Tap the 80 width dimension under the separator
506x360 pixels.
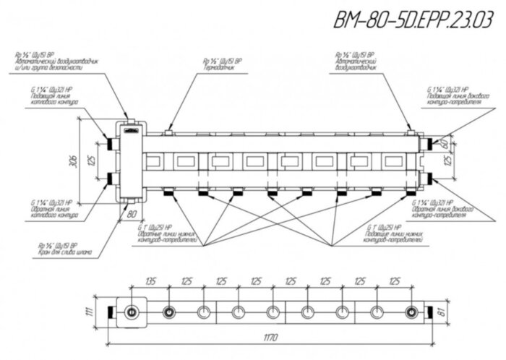tap(132, 215)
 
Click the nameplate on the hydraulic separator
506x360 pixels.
tap(130, 130)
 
